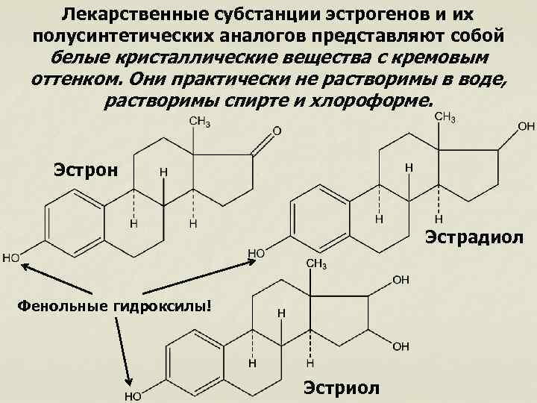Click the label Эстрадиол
474,238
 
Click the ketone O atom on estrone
277,131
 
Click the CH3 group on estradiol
445,116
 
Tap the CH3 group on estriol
315,265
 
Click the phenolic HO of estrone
12,258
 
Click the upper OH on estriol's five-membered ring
401,280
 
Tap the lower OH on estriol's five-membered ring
401,346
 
